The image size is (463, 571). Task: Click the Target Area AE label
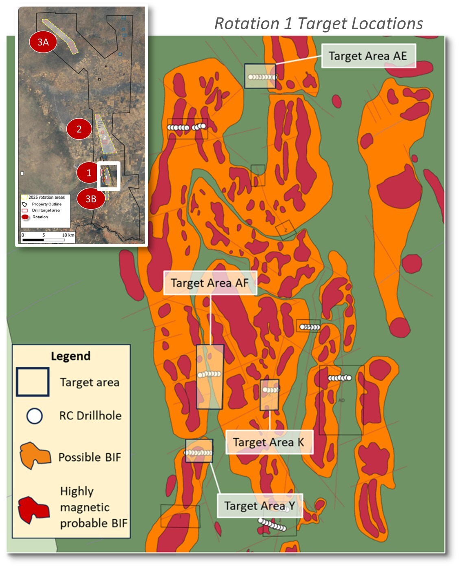point(368,56)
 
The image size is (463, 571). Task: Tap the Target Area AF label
point(210,283)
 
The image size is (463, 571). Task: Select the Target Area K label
point(269,442)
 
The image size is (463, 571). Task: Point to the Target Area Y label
point(260,506)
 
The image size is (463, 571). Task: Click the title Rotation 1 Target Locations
point(319,24)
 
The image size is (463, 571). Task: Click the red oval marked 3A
point(43,42)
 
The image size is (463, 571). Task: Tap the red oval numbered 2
point(79,129)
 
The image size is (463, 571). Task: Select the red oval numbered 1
point(89,173)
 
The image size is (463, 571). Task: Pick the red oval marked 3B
point(90,199)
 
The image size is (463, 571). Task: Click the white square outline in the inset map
point(109,176)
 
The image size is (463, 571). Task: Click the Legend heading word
point(70,356)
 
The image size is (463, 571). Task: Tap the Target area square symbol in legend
point(33,382)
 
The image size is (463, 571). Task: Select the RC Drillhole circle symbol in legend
point(34,416)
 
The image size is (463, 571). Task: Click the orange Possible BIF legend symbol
point(35,456)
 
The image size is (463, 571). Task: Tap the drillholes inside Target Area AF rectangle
point(210,374)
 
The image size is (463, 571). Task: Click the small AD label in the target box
point(341,400)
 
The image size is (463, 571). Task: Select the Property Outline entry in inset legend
point(46,204)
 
